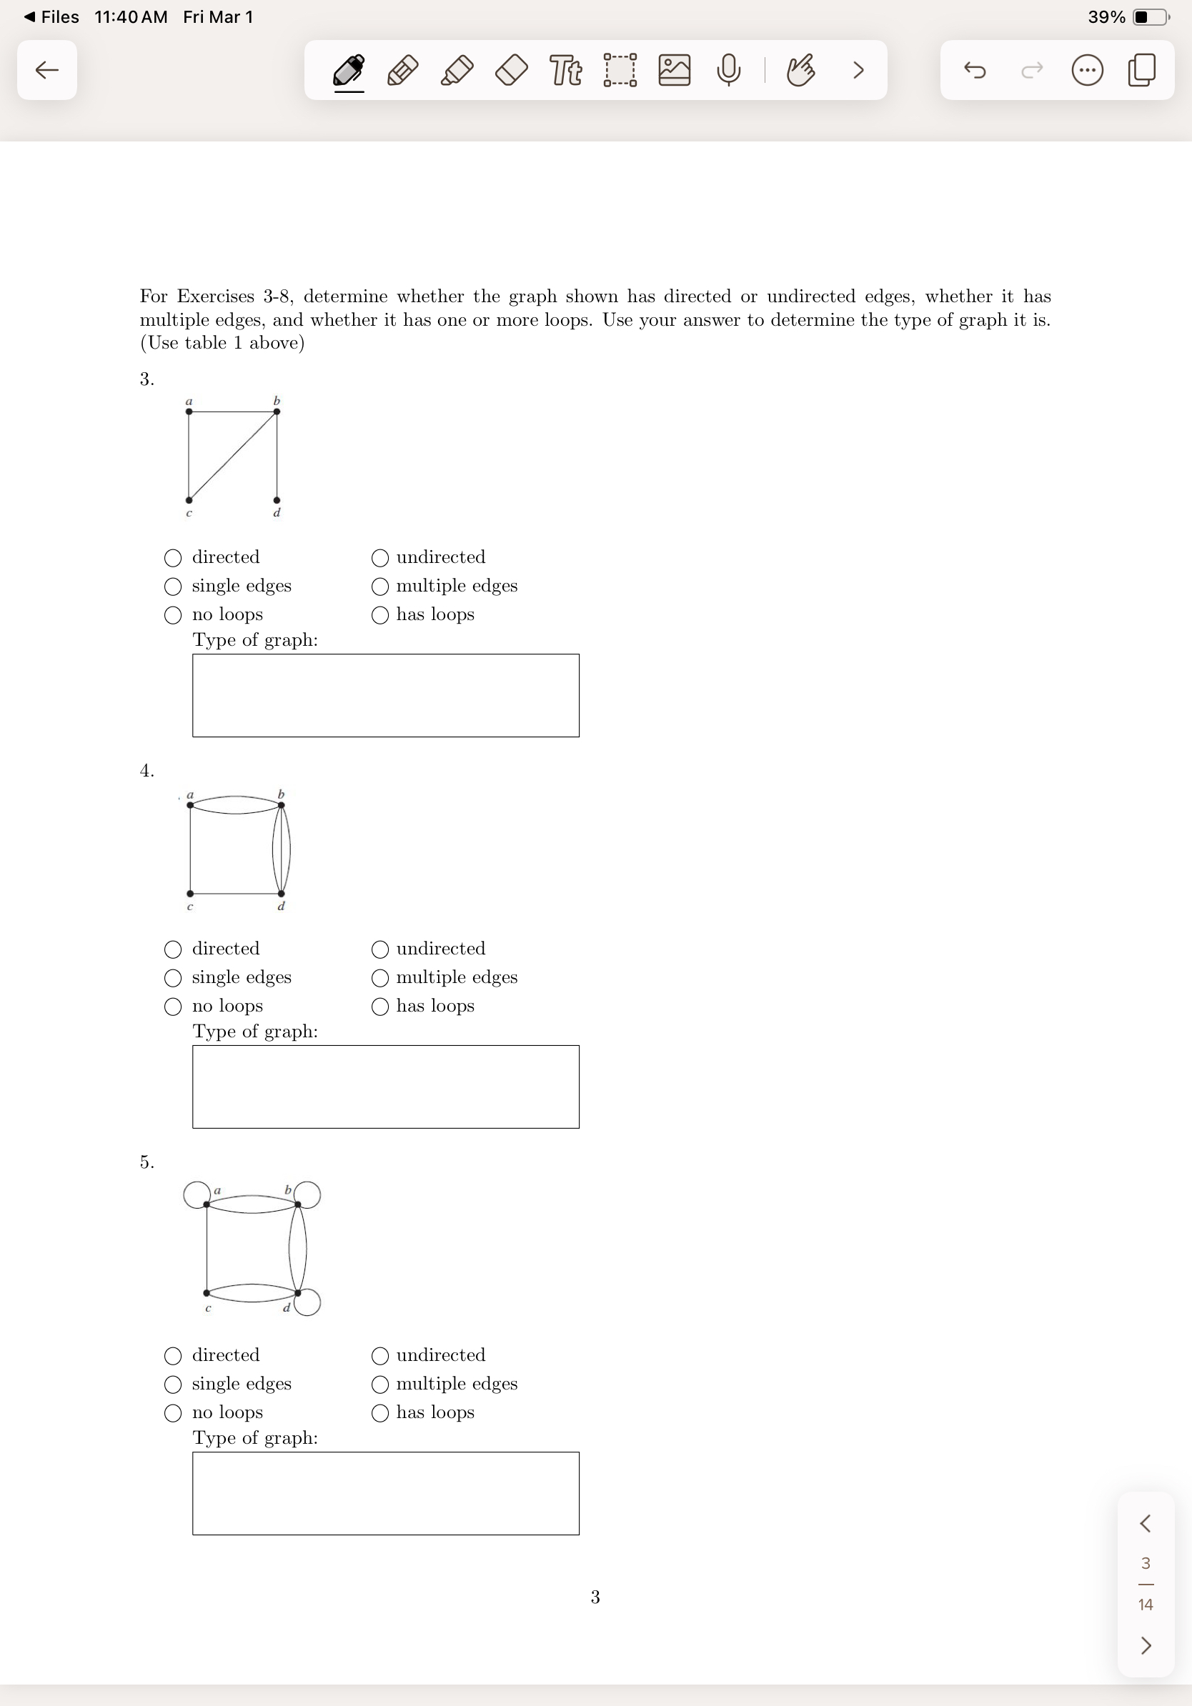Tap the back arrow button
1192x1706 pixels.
[47, 71]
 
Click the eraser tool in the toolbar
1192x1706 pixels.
[511, 71]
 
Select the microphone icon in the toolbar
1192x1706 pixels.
[728, 71]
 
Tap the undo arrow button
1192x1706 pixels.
[974, 71]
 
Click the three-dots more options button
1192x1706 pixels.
[1086, 71]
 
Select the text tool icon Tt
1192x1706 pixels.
[565, 71]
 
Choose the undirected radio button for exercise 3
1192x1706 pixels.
[379, 557]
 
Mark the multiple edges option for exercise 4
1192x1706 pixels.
[379, 977]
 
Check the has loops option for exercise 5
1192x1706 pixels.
[379, 1412]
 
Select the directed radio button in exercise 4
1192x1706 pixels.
[172, 949]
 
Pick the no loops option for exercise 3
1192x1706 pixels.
[172, 614]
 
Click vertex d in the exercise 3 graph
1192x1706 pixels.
[277, 500]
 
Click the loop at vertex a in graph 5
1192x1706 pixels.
[195, 1194]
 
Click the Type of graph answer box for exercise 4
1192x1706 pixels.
[386, 1087]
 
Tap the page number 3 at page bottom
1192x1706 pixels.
[595, 1597]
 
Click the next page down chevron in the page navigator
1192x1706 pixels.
[1145, 1645]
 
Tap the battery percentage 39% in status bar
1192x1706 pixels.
[1106, 17]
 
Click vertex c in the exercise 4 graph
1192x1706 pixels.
[190, 893]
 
